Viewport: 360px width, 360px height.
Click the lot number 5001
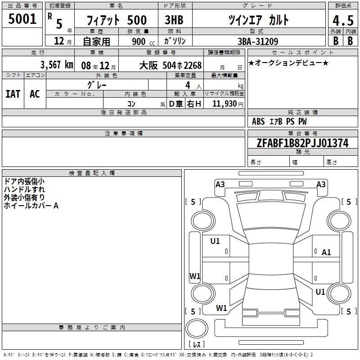(22, 19)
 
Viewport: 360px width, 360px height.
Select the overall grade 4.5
(343, 20)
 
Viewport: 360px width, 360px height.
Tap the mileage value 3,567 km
(57, 65)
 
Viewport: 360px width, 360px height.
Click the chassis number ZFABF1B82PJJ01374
(302, 143)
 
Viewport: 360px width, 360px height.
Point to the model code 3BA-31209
(258, 41)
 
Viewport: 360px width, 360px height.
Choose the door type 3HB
(174, 20)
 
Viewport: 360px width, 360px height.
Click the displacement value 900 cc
(143, 42)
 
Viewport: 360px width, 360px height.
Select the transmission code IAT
(13, 94)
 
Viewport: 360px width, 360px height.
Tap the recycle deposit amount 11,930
(224, 104)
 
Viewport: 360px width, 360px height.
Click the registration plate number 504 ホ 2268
(182, 65)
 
